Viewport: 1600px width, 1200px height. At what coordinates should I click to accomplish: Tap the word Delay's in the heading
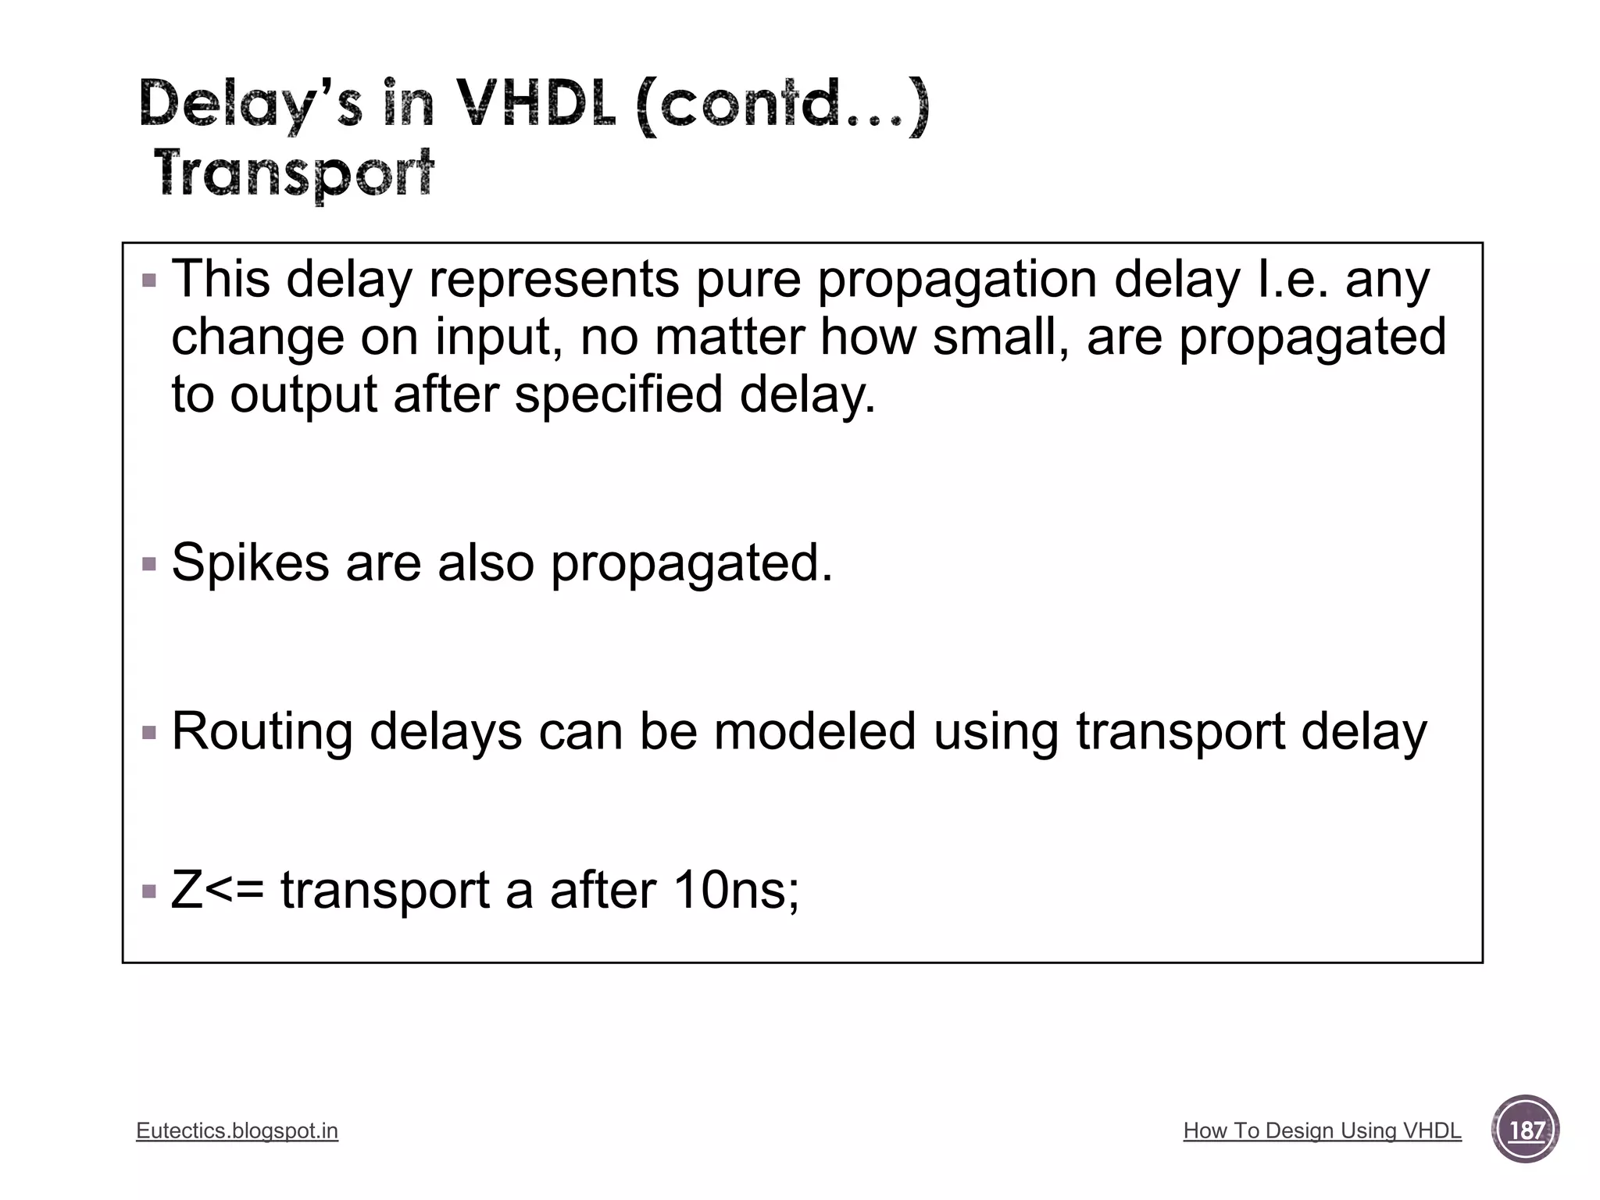point(250,105)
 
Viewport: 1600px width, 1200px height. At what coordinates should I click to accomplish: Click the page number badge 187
point(1526,1130)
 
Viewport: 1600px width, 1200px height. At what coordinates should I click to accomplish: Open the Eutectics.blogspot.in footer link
point(237,1130)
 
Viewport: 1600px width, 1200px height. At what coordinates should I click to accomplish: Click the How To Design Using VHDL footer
point(1322,1130)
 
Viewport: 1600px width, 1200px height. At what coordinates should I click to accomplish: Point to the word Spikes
point(250,562)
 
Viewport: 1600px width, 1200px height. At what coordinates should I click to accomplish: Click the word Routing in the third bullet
point(262,733)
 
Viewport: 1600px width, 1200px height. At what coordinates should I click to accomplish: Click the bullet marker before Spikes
point(149,563)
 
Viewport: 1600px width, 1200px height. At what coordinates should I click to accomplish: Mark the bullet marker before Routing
point(149,733)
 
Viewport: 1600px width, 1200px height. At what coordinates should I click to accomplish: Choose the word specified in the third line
point(619,394)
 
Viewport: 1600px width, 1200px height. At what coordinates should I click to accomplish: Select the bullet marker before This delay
point(149,280)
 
